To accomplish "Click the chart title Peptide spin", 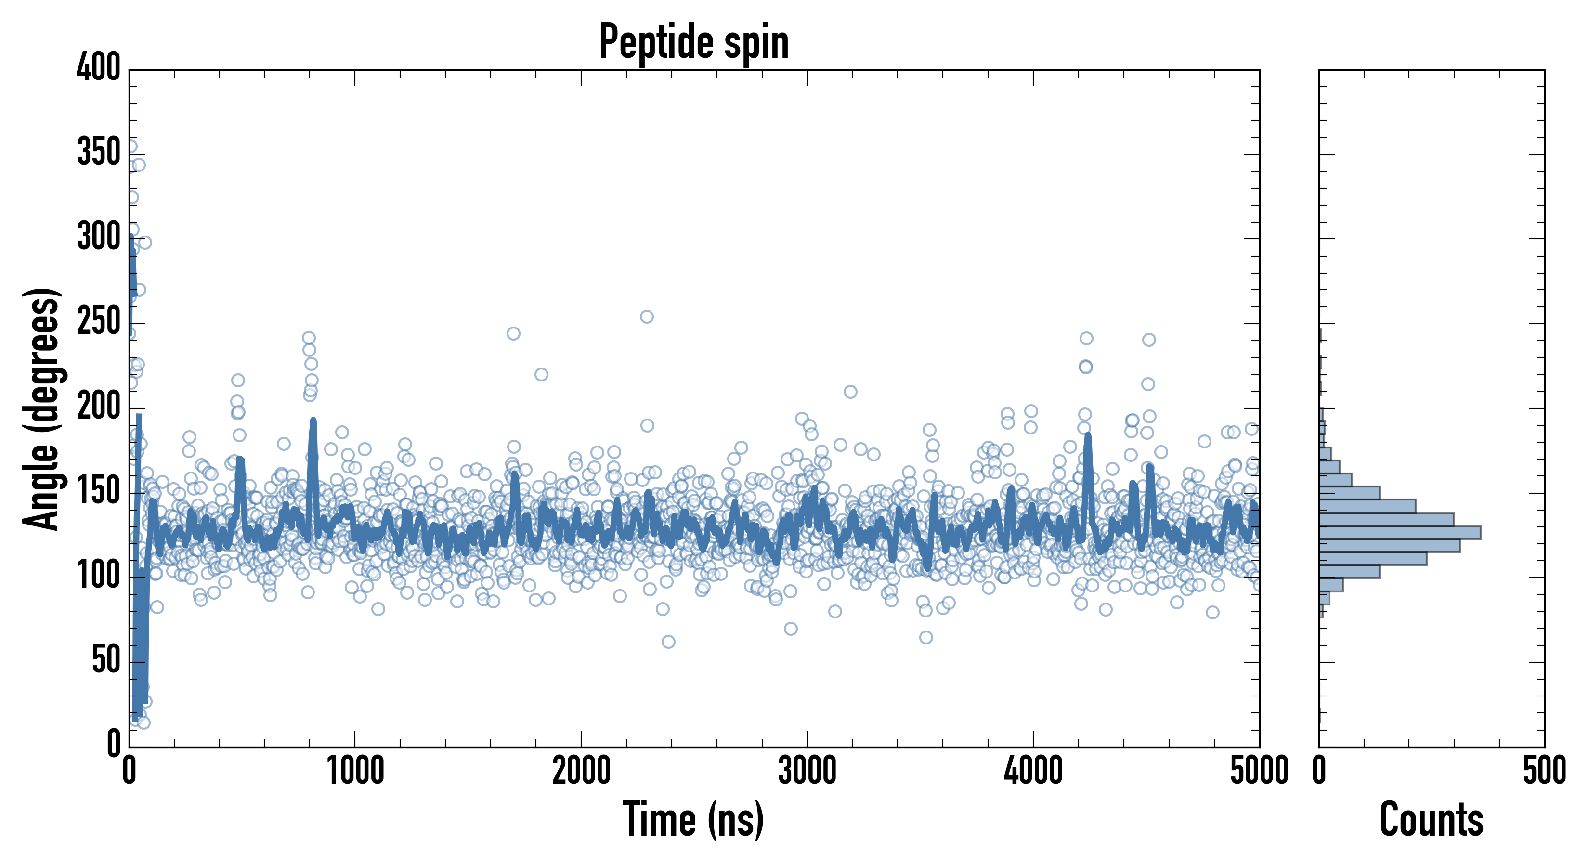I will coord(694,42).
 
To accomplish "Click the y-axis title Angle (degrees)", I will coord(41,408).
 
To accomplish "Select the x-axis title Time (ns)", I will coord(693,819).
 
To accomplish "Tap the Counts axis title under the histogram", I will coord(1431,819).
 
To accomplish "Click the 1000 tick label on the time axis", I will coord(355,771).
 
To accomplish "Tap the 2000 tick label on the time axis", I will coord(581,771).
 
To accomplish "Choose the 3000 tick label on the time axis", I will coord(807,771).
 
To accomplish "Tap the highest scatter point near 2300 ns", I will coord(647,316).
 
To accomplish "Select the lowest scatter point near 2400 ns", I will coord(668,642).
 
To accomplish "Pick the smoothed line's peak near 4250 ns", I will coord(1088,435).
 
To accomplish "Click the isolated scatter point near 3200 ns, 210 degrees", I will coord(850,392).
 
